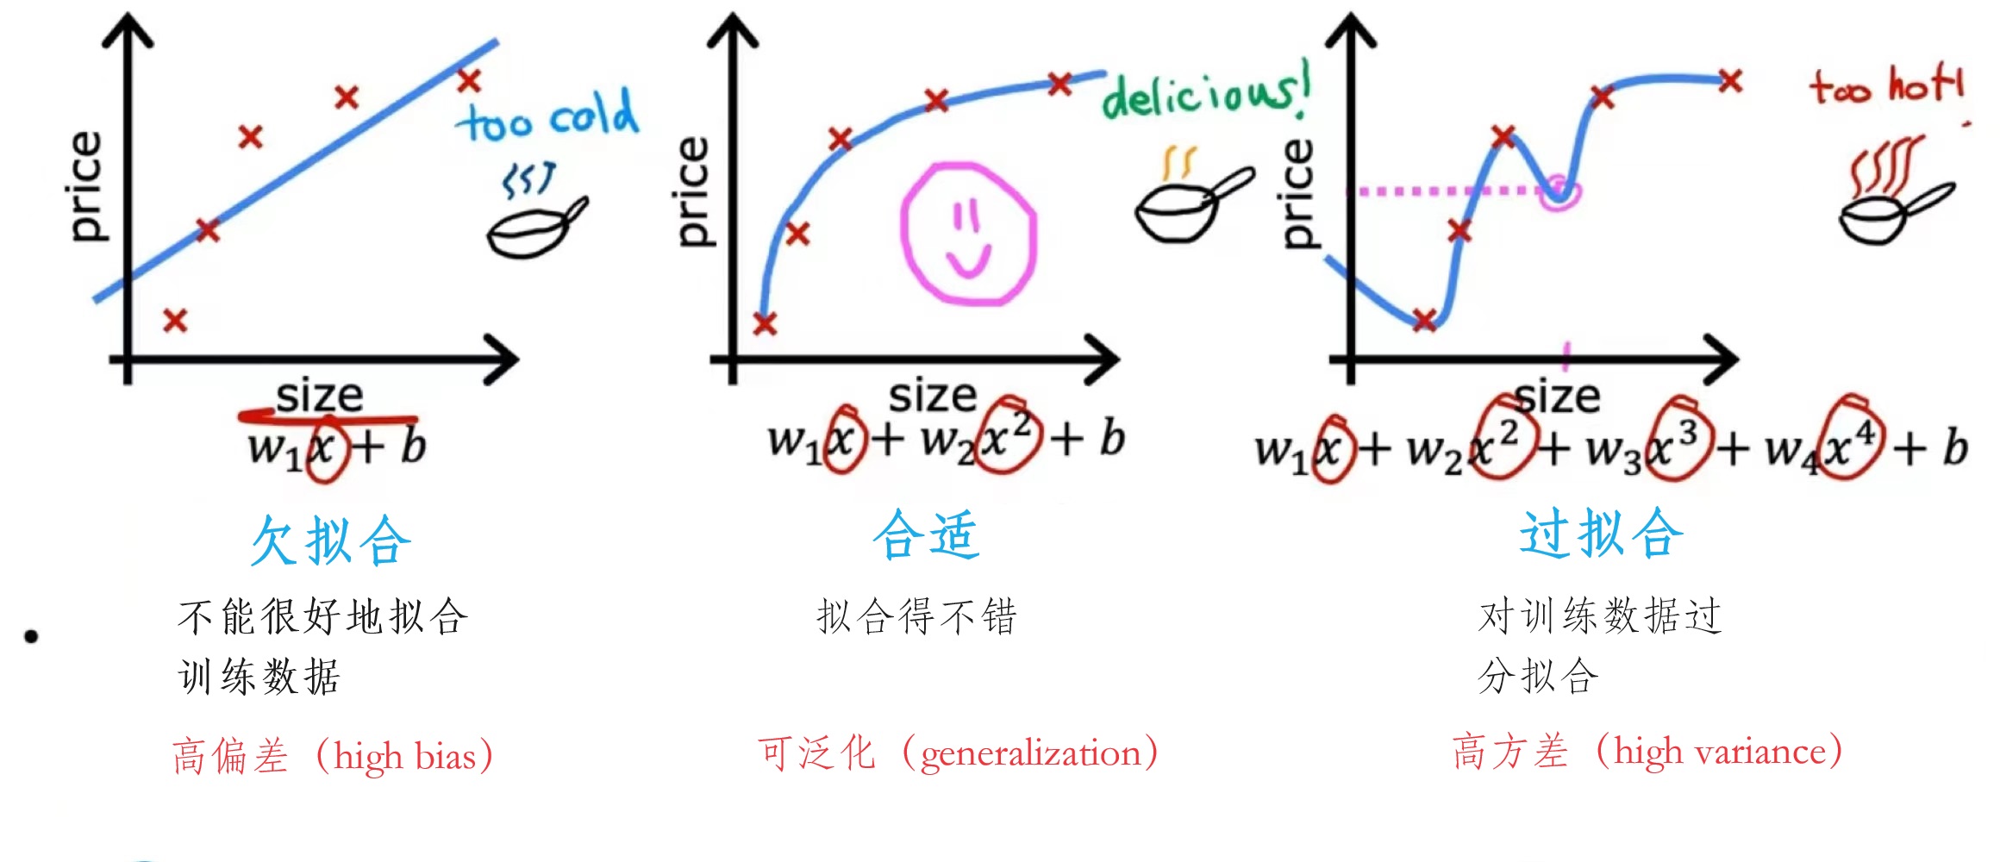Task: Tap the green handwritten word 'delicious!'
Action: click(1205, 93)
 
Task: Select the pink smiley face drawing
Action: click(967, 234)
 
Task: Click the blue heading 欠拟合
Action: click(330, 541)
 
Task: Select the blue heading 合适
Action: click(926, 534)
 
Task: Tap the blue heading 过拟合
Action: click(1601, 534)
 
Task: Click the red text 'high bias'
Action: click(404, 757)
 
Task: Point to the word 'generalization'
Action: click(1030, 753)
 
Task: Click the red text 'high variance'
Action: click(1720, 752)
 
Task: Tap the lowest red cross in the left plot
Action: click(175, 322)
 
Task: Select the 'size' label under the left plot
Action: click(319, 397)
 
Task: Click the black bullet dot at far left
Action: click(32, 637)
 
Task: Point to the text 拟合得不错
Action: click(917, 617)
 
